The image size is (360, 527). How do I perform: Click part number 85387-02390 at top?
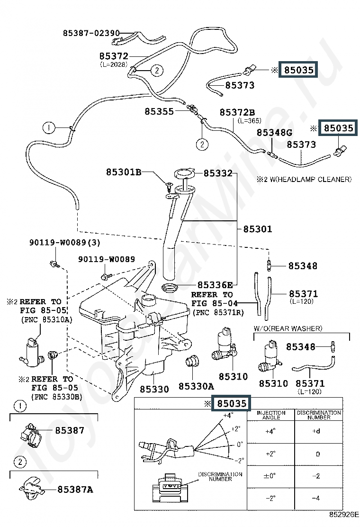pyautogui.click(x=91, y=33)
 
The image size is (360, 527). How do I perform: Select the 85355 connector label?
pyautogui.click(x=159, y=111)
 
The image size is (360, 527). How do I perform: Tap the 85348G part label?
pyautogui.click(x=274, y=132)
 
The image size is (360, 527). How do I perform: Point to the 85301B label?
pyautogui.click(x=124, y=172)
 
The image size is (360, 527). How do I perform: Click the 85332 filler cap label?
pyautogui.click(x=218, y=173)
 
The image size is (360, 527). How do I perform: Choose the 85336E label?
pyautogui.click(x=215, y=285)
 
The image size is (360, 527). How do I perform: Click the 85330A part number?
pyautogui.click(x=196, y=386)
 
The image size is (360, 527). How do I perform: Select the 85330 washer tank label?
pyautogui.click(x=154, y=389)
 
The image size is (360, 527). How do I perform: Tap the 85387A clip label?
pyautogui.click(x=75, y=490)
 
